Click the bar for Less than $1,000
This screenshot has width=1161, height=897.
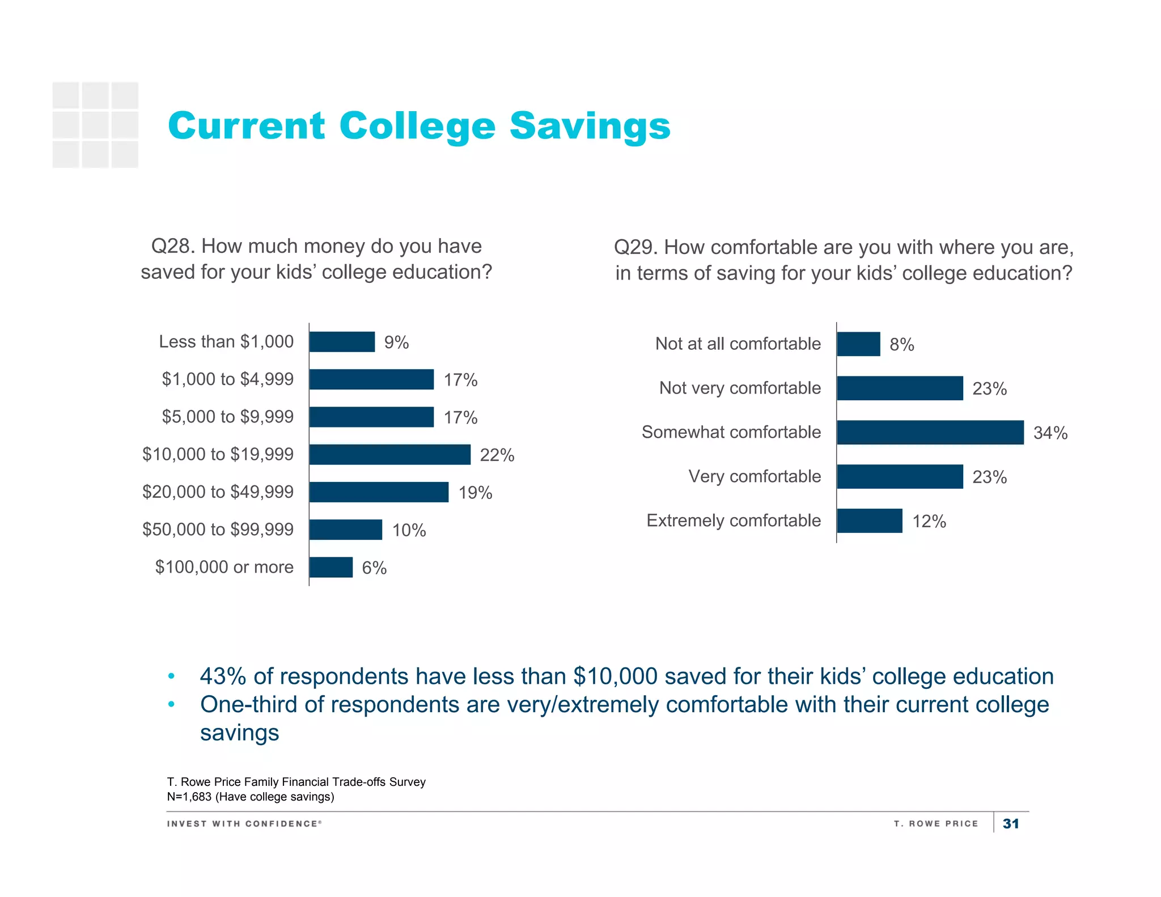pos(342,342)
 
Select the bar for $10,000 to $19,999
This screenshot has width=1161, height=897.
pos(390,455)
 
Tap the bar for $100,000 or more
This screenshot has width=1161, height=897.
pos(331,567)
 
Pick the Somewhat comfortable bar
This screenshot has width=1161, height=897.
pos(930,433)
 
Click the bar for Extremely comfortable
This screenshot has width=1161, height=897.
pos(869,521)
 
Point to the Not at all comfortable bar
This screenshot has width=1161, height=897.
pos(858,344)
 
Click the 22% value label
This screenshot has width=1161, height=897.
pos(497,455)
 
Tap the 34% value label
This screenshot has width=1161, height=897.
pos(1050,433)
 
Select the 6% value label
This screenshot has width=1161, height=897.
pos(374,568)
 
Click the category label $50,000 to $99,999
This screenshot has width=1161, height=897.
pos(218,530)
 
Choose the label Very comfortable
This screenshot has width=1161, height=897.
pos(754,476)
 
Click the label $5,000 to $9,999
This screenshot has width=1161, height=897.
pos(227,417)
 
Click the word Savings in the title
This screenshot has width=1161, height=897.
pos(590,126)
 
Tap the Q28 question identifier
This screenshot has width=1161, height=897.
pos(172,247)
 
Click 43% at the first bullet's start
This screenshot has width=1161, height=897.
pos(222,676)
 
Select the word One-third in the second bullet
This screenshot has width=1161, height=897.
pos(249,705)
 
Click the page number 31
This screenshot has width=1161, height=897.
pos(1010,824)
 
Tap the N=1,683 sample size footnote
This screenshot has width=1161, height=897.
pos(250,797)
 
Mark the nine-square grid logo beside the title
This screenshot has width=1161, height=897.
pos(95,125)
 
